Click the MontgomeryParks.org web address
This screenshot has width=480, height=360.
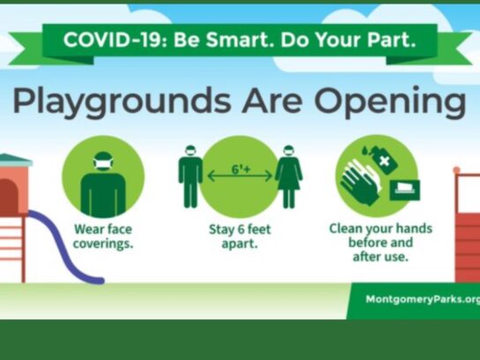click(x=423, y=299)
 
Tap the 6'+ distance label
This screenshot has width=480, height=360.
click(x=241, y=169)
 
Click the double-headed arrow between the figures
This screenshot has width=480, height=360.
click(x=240, y=176)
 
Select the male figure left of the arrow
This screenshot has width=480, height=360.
click(x=190, y=176)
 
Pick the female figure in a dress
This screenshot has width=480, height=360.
click(x=289, y=176)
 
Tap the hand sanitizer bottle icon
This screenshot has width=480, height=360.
click(x=384, y=159)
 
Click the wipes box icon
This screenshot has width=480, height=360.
click(x=405, y=190)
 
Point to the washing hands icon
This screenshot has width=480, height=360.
click(x=361, y=182)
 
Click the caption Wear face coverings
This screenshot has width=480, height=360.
click(x=103, y=236)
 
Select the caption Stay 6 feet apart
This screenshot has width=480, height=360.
click(x=240, y=236)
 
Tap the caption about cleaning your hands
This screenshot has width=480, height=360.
click(x=380, y=242)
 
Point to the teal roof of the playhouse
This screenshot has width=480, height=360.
click(x=15, y=160)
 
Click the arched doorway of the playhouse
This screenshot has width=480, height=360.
click(x=8, y=197)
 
